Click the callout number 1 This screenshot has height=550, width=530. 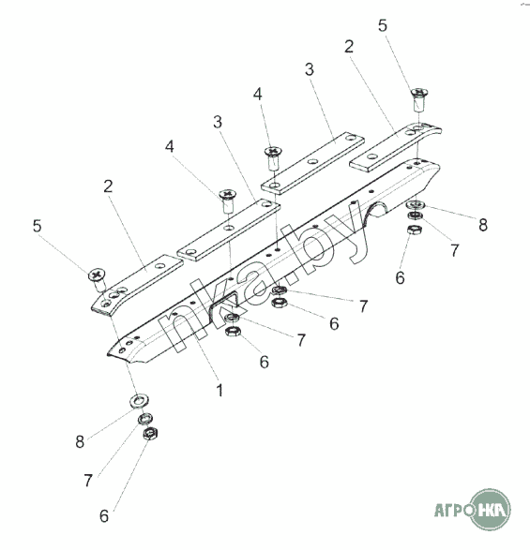click(220, 390)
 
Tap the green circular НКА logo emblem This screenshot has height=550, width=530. click(491, 509)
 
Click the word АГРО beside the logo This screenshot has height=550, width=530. click(453, 510)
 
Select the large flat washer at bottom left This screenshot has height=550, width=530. click(139, 400)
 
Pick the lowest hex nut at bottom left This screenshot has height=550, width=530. click(150, 434)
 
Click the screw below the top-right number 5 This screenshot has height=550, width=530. click(418, 99)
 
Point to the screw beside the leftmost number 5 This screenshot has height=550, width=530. click(98, 279)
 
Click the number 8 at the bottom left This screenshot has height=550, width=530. click(80, 441)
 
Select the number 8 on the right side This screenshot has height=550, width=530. click(483, 225)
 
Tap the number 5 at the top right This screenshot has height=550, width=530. click(382, 25)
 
